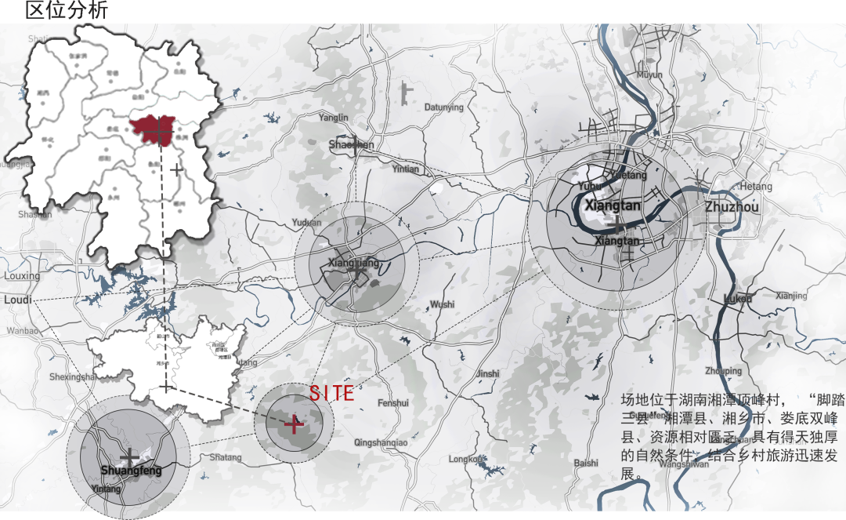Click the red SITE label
[x=331, y=393]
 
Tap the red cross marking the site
[x=294, y=424]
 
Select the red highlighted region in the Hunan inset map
[x=154, y=129]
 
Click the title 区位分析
[x=67, y=11]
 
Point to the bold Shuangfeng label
[x=131, y=471]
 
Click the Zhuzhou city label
[x=732, y=207]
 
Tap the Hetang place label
[x=756, y=187]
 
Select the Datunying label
[x=443, y=107]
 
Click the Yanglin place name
[x=334, y=118]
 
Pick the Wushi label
[x=442, y=304]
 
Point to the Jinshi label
[x=487, y=373]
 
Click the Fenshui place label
[x=392, y=403]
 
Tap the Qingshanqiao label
[x=381, y=443]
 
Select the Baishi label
[x=586, y=464]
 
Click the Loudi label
[x=17, y=300]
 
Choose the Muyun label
[x=649, y=75]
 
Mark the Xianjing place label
[x=791, y=296]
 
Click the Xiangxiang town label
[x=352, y=263]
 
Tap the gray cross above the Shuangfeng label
[x=130, y=456]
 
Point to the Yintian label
[x=406, y=169]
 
